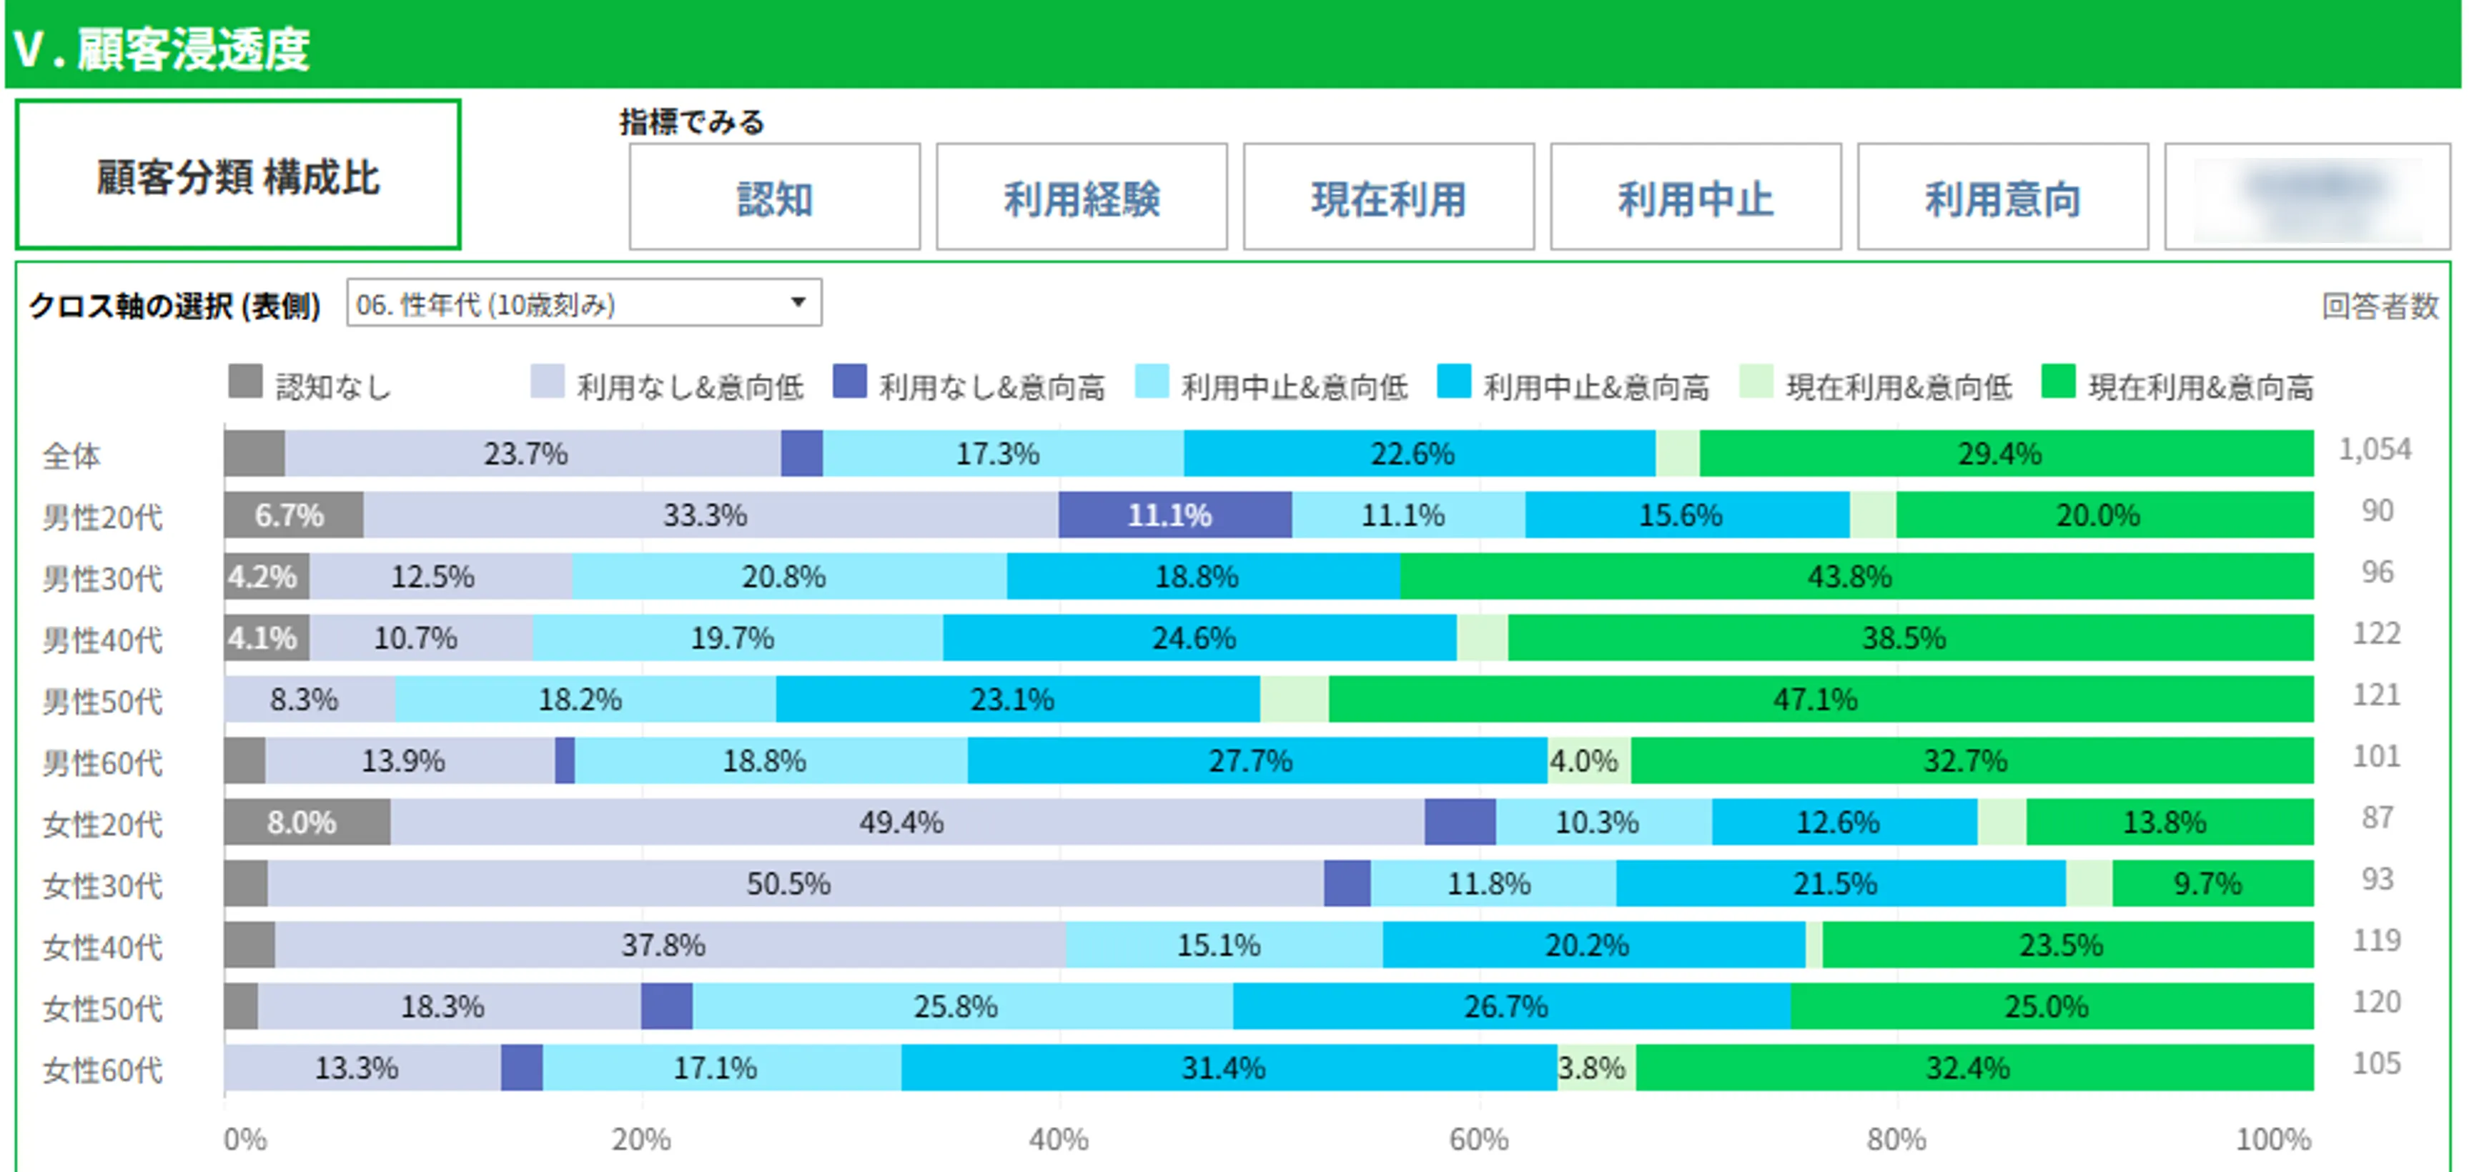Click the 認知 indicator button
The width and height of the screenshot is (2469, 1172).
(774, 199)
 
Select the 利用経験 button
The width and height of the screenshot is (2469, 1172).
(1081, 199)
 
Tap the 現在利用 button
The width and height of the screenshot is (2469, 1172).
(1388, 199)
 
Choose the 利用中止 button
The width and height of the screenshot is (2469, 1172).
(1695, 199)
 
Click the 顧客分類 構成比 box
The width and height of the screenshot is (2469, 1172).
(238, 175)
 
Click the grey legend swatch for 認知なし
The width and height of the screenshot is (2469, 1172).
(245, 382)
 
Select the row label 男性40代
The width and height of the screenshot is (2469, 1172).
(102, 639)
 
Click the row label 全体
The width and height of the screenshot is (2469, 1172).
(71, 455)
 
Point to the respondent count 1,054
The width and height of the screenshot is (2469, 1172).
(2375, 450)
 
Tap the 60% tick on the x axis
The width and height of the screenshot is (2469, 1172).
(1478, 1139)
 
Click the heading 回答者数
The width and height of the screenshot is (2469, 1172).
(2379, 306)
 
